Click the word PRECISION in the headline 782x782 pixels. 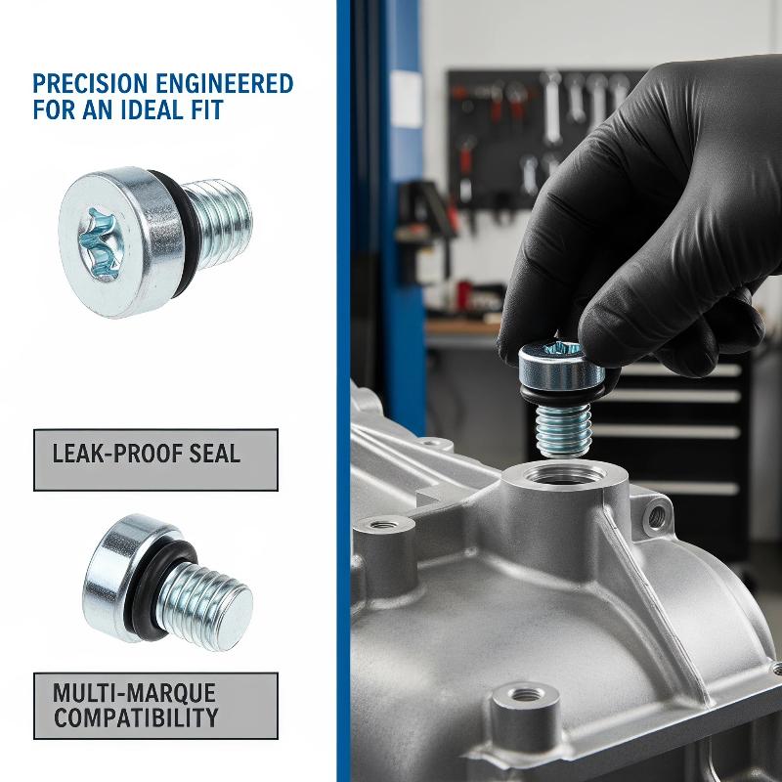(91, 84)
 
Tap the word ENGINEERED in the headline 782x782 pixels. (225, 84)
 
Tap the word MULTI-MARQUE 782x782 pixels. (135, 693)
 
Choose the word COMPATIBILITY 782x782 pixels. (136, 717)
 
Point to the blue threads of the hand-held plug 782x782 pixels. (564, 430)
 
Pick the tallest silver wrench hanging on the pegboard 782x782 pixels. (551, 107)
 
